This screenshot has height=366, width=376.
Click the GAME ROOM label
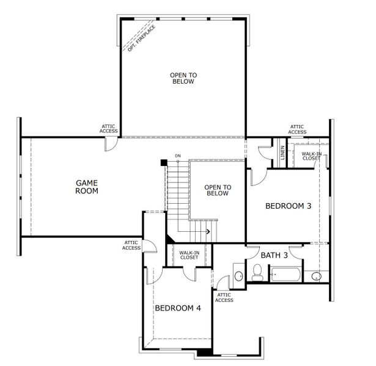[x=87, y=187]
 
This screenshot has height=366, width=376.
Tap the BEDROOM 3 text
[x=288, y=206]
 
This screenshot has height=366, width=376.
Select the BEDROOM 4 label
[x=177, y=308]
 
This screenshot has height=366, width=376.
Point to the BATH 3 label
[x=274, y=255]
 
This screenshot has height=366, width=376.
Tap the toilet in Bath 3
[x=257, y=275]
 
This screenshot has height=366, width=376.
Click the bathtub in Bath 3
[x=286, y=275]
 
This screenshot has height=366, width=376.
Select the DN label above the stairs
[x=178, y=156]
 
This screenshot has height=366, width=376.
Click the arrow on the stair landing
[x=208, y=231]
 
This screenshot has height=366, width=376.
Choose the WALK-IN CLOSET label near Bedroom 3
[x=311, y=155]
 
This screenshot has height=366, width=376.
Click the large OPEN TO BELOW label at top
[x=182, y=78]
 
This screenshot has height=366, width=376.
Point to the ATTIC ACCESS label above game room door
[x=109, y=129]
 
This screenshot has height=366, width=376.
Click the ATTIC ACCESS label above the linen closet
[x=297, y=129]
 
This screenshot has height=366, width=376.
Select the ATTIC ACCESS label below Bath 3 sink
[x=224, y=297]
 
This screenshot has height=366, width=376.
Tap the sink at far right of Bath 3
[x=316, y=276]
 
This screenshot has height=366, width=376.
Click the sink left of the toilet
[x=238, y=276]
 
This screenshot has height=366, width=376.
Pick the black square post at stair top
[x=163, y=162]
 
